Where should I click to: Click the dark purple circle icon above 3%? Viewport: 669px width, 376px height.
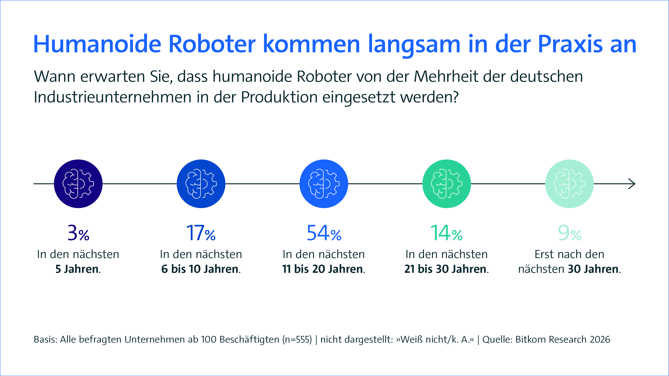click(x=78, y=184)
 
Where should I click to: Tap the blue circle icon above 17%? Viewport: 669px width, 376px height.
click(x=201, y=184)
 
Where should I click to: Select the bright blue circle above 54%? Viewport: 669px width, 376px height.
click(x=324, y=184)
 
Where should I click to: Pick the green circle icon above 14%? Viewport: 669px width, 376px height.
click(x=447, y=184)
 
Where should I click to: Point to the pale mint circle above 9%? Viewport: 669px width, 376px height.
click(x=569, y=184)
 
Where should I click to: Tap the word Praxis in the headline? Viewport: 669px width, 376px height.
click(x=570, y=44)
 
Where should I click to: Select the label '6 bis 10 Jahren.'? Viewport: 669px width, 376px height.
click(x=201, y=269)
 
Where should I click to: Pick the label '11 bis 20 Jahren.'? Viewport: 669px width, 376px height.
click(x=324, y=269)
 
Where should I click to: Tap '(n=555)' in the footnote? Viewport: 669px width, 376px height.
click(x=297, y=339)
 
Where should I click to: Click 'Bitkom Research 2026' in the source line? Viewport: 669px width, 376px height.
click(x=563, y=339)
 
